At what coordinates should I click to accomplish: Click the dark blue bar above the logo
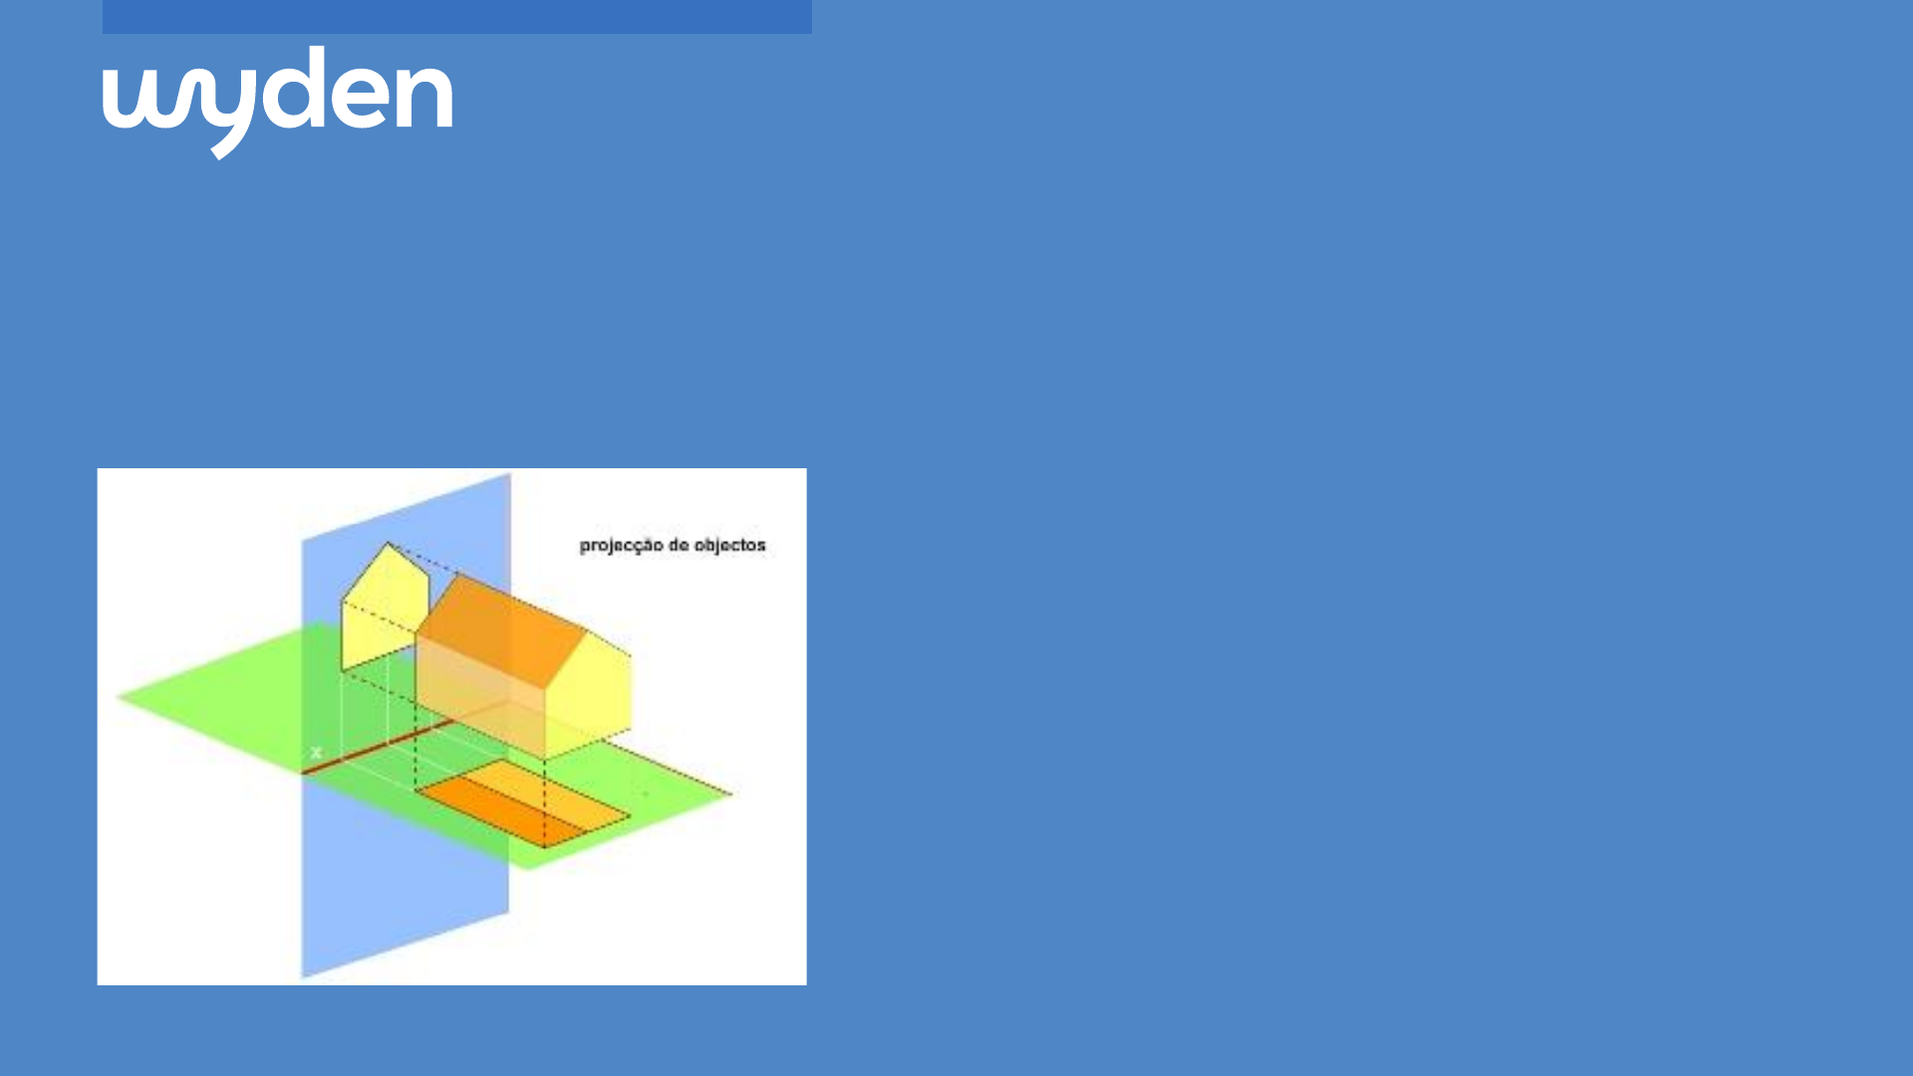pos(456,17)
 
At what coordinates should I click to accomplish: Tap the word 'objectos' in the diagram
pos(730,545)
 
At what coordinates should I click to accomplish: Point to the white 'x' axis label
pos(316,752)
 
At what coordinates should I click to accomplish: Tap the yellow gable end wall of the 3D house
pos(588,693)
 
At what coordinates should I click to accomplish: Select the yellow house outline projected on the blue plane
pos(384,609)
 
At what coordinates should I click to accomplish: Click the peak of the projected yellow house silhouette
pos(389,543)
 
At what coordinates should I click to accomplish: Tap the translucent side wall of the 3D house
pos(480,697)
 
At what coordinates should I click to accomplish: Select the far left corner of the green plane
pos(119,697)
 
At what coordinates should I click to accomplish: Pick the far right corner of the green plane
pos(732,794)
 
